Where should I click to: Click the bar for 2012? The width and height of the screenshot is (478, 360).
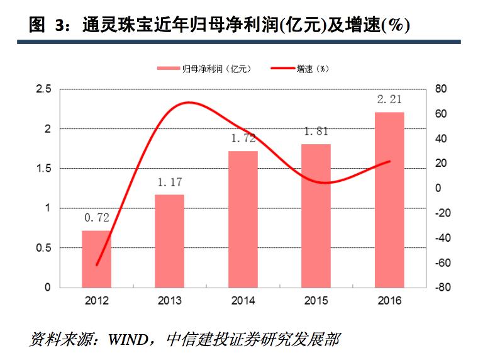(x=96, y=259)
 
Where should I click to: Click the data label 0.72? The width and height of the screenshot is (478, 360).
(x=97, y=218)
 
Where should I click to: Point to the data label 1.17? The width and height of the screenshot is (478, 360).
(x=170, y=183)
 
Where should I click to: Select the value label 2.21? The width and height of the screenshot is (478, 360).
(x=389, y=99)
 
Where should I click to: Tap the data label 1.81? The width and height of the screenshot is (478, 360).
(x=316, y=132)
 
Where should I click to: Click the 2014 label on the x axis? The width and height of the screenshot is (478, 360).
(x=243, y=300)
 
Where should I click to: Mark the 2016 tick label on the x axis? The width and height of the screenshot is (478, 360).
(x=389, y=300)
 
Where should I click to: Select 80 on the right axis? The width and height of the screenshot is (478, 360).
(x=441, y=89)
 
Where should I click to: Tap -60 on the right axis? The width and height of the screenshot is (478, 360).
(x=441, y=262)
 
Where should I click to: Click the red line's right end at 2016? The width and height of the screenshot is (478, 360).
(x=390, y=161)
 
